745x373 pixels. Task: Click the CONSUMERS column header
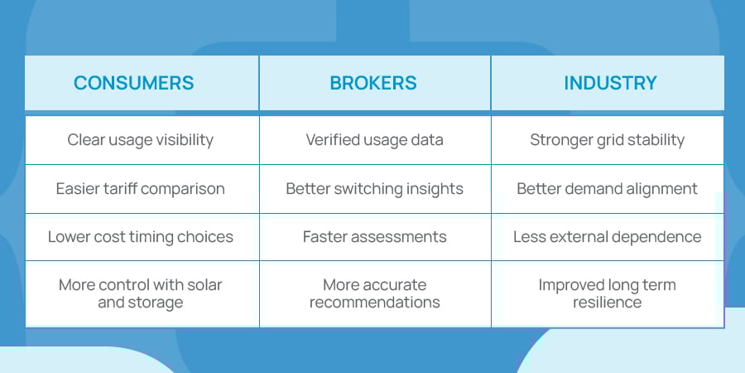pyautogui.click(x=133, y=83)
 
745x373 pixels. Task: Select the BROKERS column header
pyautogui.click(x=373, y=83)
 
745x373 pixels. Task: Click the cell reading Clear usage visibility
pyautogui.click(x=140, y=140)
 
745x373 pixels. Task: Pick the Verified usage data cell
pyautogui.click(x=374, y=140)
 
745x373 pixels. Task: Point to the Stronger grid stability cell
pyautogui.click(x=607, y=140)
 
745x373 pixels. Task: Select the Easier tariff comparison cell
pyautogui.click(x=140, y=189)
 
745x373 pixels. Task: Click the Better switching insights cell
pyautogui.click(x=374, y=189)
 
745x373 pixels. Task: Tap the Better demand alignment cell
pyautogui.click(x=607, y=189)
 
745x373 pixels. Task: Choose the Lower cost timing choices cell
pyautogui.click(x=140, y=237)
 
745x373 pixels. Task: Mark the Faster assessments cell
pyautogui.click(x=374, y=237)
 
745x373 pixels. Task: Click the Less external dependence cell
pyautogui.click(x=607, y=237)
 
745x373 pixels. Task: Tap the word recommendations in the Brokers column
pyautogui.click(x=374, y=303)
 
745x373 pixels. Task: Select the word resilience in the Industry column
pyautogui.click(x=607, y=303)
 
